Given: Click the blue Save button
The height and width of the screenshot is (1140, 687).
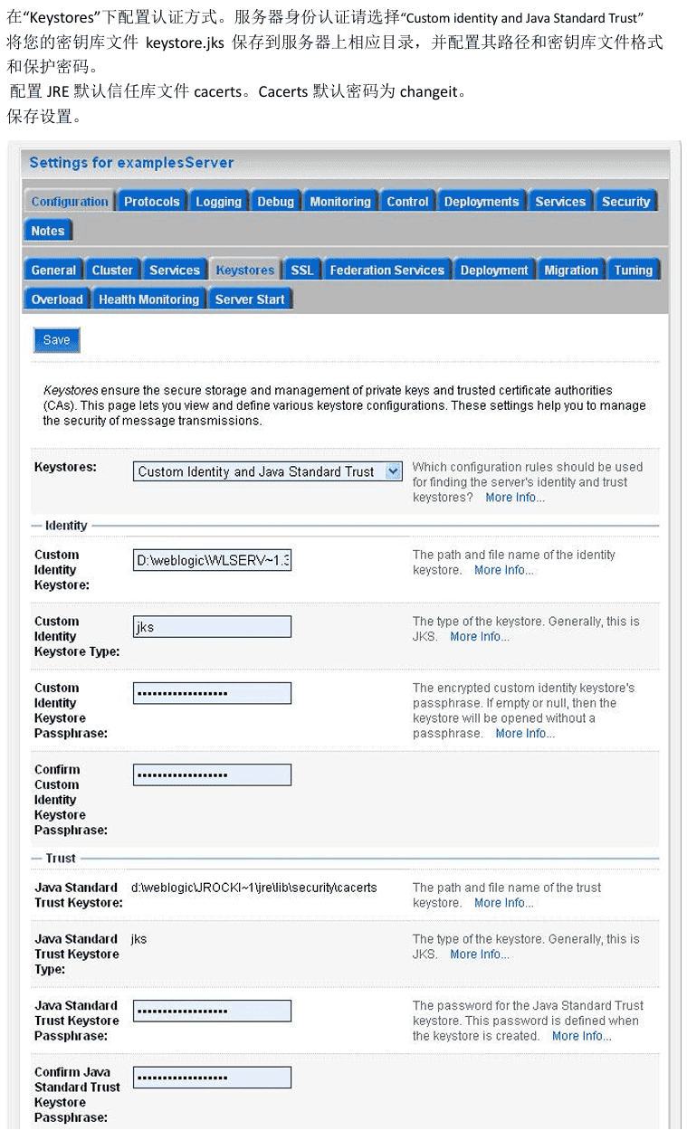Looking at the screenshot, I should (x=57, y=340).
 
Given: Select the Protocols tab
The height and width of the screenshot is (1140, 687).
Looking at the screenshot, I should (x=151, y=202).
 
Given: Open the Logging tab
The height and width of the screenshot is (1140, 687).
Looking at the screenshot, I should (x=219, y=202).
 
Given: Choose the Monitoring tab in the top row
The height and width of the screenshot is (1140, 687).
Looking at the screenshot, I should (x=340, y=202).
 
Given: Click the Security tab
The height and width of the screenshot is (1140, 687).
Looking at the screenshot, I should (x=625, y=202).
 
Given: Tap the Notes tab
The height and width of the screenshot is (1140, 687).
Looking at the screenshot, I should (x=48, y=231).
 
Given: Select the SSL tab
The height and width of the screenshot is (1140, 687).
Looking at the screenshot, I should (x=302, y=271).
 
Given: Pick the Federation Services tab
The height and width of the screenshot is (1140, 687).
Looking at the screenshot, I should (x=386, y=271).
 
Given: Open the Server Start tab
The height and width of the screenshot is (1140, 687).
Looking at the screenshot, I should (x=250, y=299).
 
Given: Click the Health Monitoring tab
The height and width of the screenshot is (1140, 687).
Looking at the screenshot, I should (x=148, y=299).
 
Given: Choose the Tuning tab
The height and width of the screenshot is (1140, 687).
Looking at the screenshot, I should (x=633, y=271).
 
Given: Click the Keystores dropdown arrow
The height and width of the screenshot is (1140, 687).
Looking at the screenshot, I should (x=393, y=471).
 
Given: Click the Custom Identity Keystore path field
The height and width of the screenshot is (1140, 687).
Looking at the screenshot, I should (x=212, y=561).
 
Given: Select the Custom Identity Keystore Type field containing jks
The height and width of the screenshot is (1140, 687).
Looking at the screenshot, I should (x=212, y=627).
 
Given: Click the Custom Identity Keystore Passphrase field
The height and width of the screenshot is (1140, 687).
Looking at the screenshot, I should (x=212, y=694).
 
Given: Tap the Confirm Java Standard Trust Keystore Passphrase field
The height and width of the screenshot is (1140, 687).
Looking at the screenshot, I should (x=212, y=1078).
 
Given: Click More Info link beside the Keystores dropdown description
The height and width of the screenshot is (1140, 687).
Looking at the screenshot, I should (x=515, y=498).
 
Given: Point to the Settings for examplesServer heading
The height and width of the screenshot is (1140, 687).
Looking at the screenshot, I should (x=131, y=163).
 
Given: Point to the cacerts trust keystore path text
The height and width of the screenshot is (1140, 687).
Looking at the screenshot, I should (x=253, y=888).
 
